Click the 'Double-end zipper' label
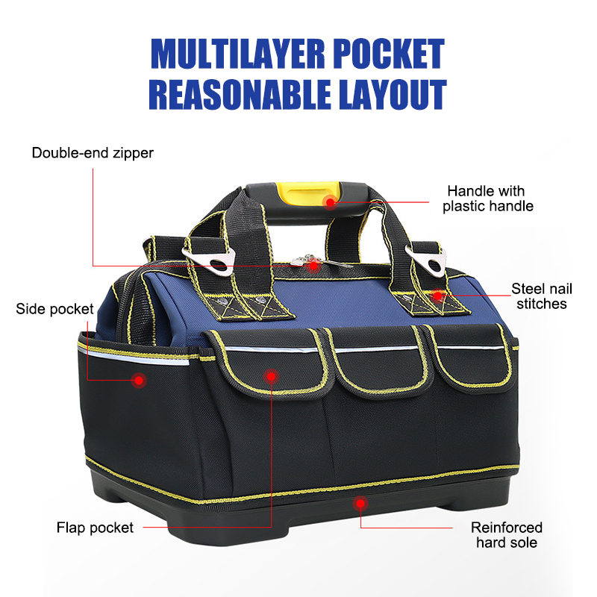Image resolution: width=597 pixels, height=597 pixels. tap(93, 153)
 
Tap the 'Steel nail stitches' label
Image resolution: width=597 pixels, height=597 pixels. tap(539, 296)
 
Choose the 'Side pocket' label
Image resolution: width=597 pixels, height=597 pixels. tap(54, 308)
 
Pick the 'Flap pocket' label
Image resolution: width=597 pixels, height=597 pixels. tap(95, 528)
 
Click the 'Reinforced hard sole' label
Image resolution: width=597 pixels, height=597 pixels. tap(507, 535)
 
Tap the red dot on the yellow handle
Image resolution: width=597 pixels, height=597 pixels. tap(331, 200)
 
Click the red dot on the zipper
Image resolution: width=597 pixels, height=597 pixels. tap(314, 265)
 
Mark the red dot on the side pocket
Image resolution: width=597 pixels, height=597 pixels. tap(138, 381)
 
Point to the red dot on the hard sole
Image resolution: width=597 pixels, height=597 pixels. tap(361, 504)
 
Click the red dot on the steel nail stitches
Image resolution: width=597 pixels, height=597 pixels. tap(438, 296)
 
